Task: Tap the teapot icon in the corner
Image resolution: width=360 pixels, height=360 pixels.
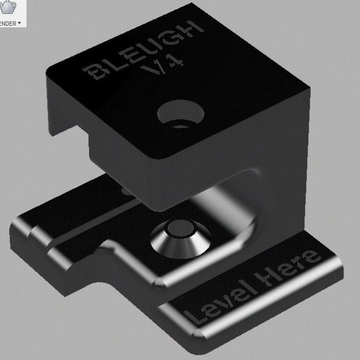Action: click(8, 8)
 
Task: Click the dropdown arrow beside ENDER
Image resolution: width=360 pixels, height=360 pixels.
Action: click(20, 23)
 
